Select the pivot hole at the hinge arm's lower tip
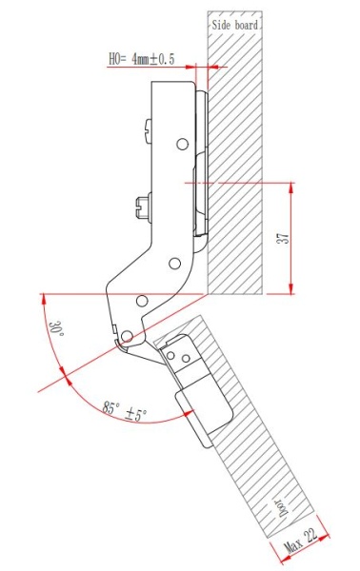click(x=124, y=335)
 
